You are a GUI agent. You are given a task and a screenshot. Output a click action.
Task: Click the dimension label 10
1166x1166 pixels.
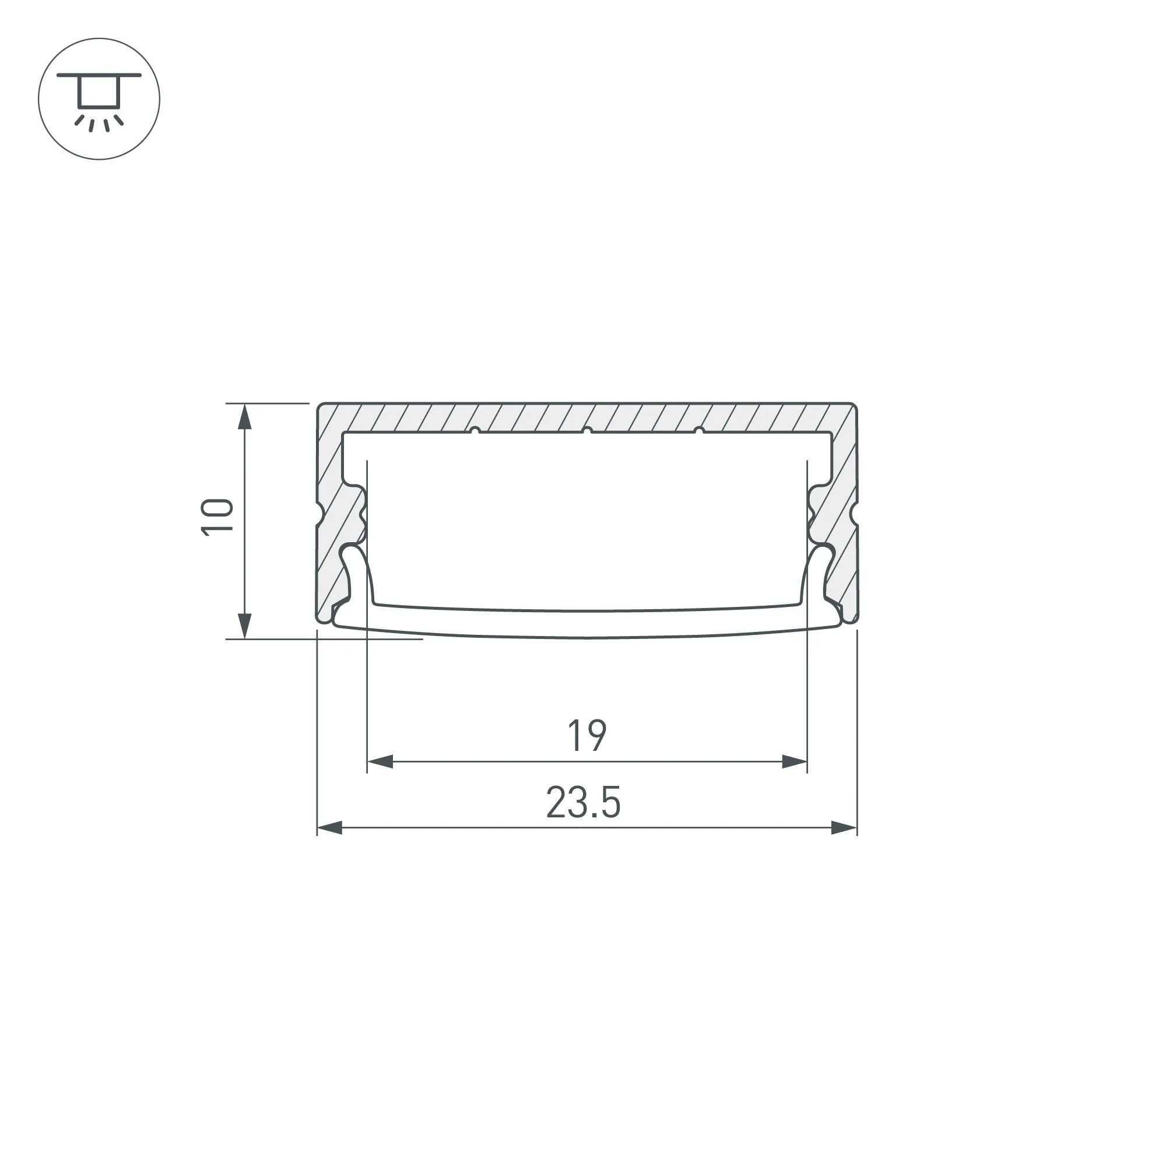[217, 517]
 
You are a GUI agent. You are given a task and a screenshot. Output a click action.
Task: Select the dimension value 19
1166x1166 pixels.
[587, 736]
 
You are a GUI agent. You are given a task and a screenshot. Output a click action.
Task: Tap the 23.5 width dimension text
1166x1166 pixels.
[583, 803]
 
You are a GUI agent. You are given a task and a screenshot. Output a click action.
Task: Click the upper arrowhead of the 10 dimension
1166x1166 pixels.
[244, 416]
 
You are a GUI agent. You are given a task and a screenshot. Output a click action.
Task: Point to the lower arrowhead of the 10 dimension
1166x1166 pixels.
[244, 626]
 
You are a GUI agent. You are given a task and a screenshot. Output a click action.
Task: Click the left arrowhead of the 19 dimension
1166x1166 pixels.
[380, 761]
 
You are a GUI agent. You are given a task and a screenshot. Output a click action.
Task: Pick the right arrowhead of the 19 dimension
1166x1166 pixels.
[794, 761]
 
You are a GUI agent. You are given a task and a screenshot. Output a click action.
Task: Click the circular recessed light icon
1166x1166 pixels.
[99, 99]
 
